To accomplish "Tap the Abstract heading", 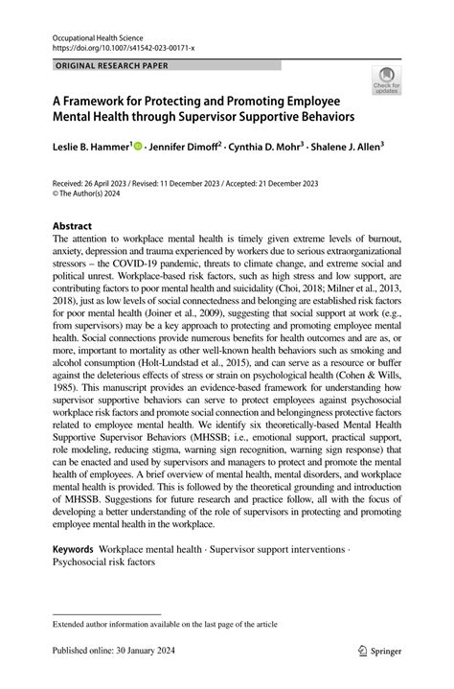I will point(78,228).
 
